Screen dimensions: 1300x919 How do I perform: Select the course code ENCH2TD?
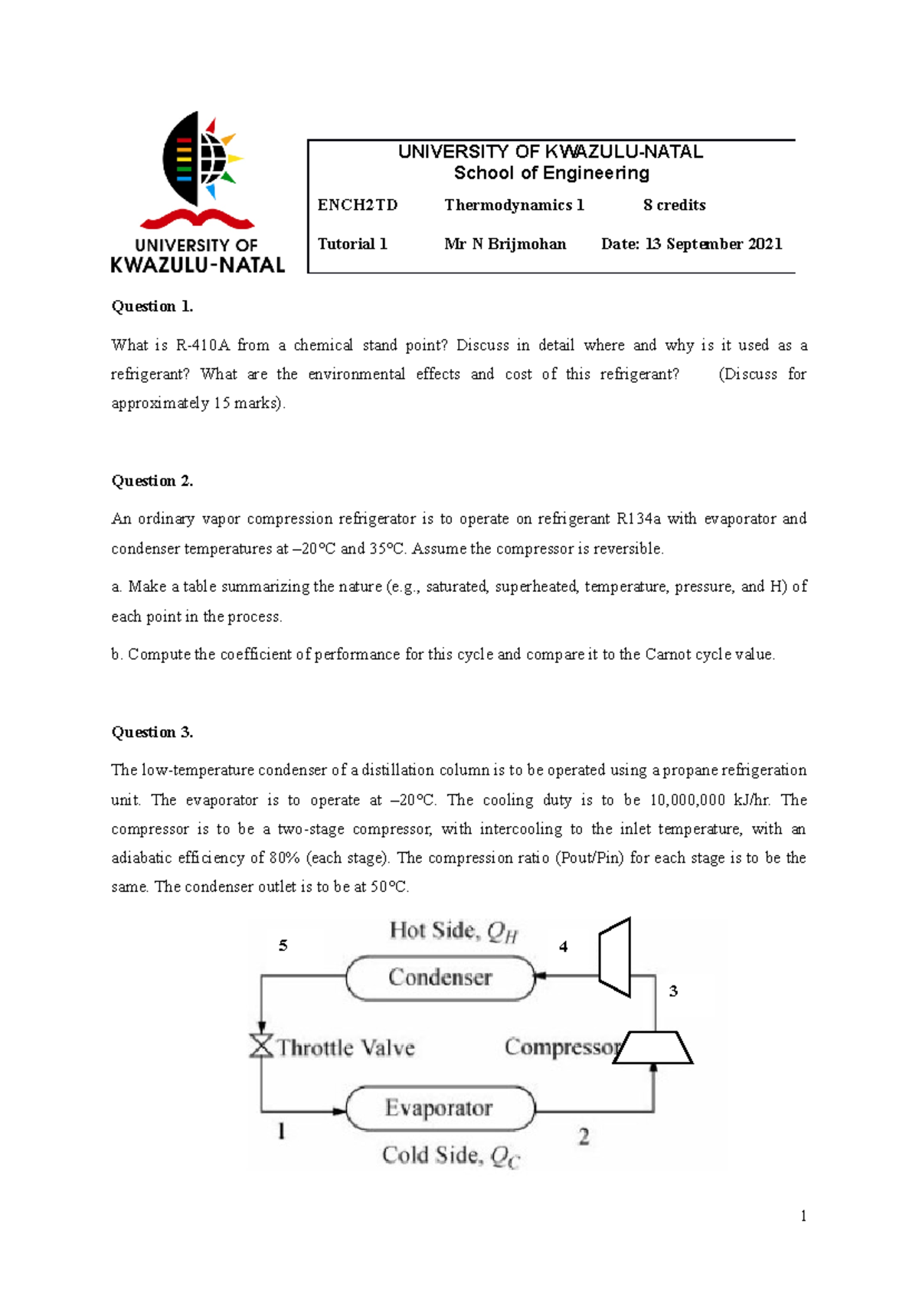point(358,205)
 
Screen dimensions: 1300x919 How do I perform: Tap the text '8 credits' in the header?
point(674,205)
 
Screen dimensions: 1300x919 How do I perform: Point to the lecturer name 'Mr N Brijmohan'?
point(505,244)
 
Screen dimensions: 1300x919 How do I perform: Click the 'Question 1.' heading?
point(152,306)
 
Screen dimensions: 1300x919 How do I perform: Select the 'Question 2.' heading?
point(152,481)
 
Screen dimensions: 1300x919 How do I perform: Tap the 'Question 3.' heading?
point(152,732)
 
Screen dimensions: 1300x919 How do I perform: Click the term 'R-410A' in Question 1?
point(202,345)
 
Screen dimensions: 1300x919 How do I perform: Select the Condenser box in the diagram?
point(440,978)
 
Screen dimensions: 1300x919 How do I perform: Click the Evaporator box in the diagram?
point(440,1108)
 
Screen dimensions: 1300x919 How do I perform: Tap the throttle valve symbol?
point(262,1045)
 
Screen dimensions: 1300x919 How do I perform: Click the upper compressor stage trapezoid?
point(616,957)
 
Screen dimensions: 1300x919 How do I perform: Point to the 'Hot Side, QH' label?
point(453,931)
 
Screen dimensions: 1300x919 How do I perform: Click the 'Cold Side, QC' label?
point(450,1155)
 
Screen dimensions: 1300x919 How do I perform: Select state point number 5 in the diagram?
point(283,946)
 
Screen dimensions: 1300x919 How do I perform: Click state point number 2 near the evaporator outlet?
point(584,1137)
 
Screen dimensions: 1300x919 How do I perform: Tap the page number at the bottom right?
point(803,1216)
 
